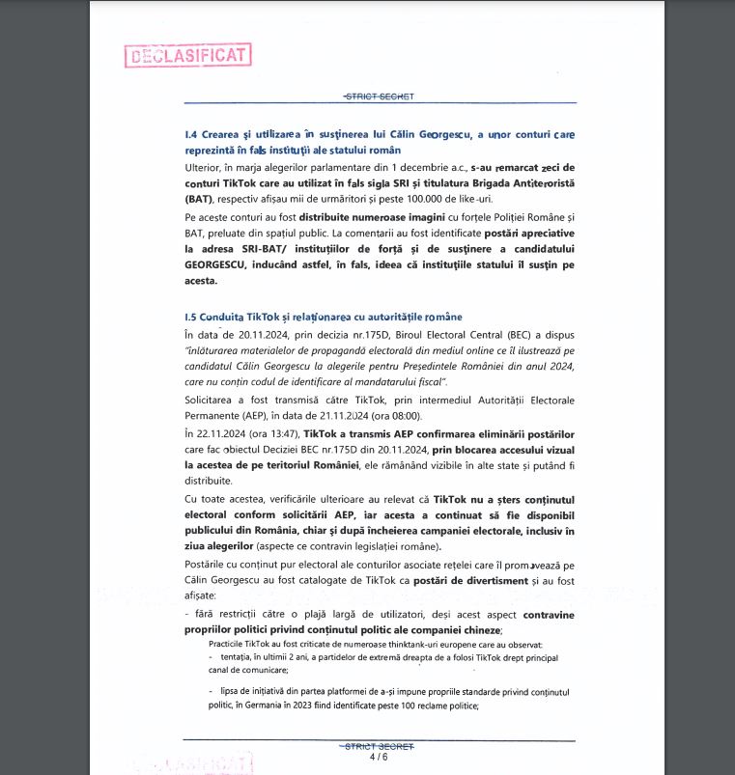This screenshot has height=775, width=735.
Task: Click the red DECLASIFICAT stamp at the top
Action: click(188, 55)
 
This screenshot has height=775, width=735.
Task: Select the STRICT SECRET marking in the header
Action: click(379, 97)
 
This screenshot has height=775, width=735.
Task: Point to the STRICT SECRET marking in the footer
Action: click(379, 747)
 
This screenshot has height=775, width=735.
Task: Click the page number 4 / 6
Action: click(379, 758)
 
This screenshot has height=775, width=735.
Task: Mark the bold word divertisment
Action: click(491, 581)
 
